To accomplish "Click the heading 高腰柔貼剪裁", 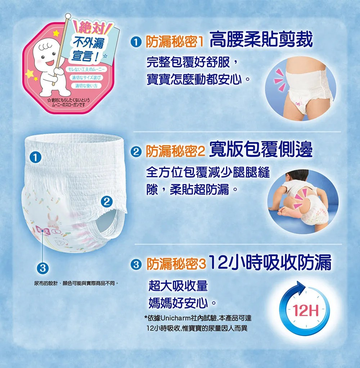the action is [261, 39].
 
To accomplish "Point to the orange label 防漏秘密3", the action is [176, 263].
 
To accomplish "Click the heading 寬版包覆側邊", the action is [261, 149].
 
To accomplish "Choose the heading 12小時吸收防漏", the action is [270, 262].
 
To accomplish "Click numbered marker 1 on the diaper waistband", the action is [35, 157].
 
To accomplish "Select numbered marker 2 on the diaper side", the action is [107, 201].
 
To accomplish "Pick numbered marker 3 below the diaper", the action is [42, 268].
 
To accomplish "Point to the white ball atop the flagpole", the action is [68, 16].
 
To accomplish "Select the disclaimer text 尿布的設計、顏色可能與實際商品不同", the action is [75, 284].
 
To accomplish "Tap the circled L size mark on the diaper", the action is [56, 232].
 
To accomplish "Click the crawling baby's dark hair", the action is [298, 174].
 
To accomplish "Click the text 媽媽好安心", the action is [178, 303].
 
